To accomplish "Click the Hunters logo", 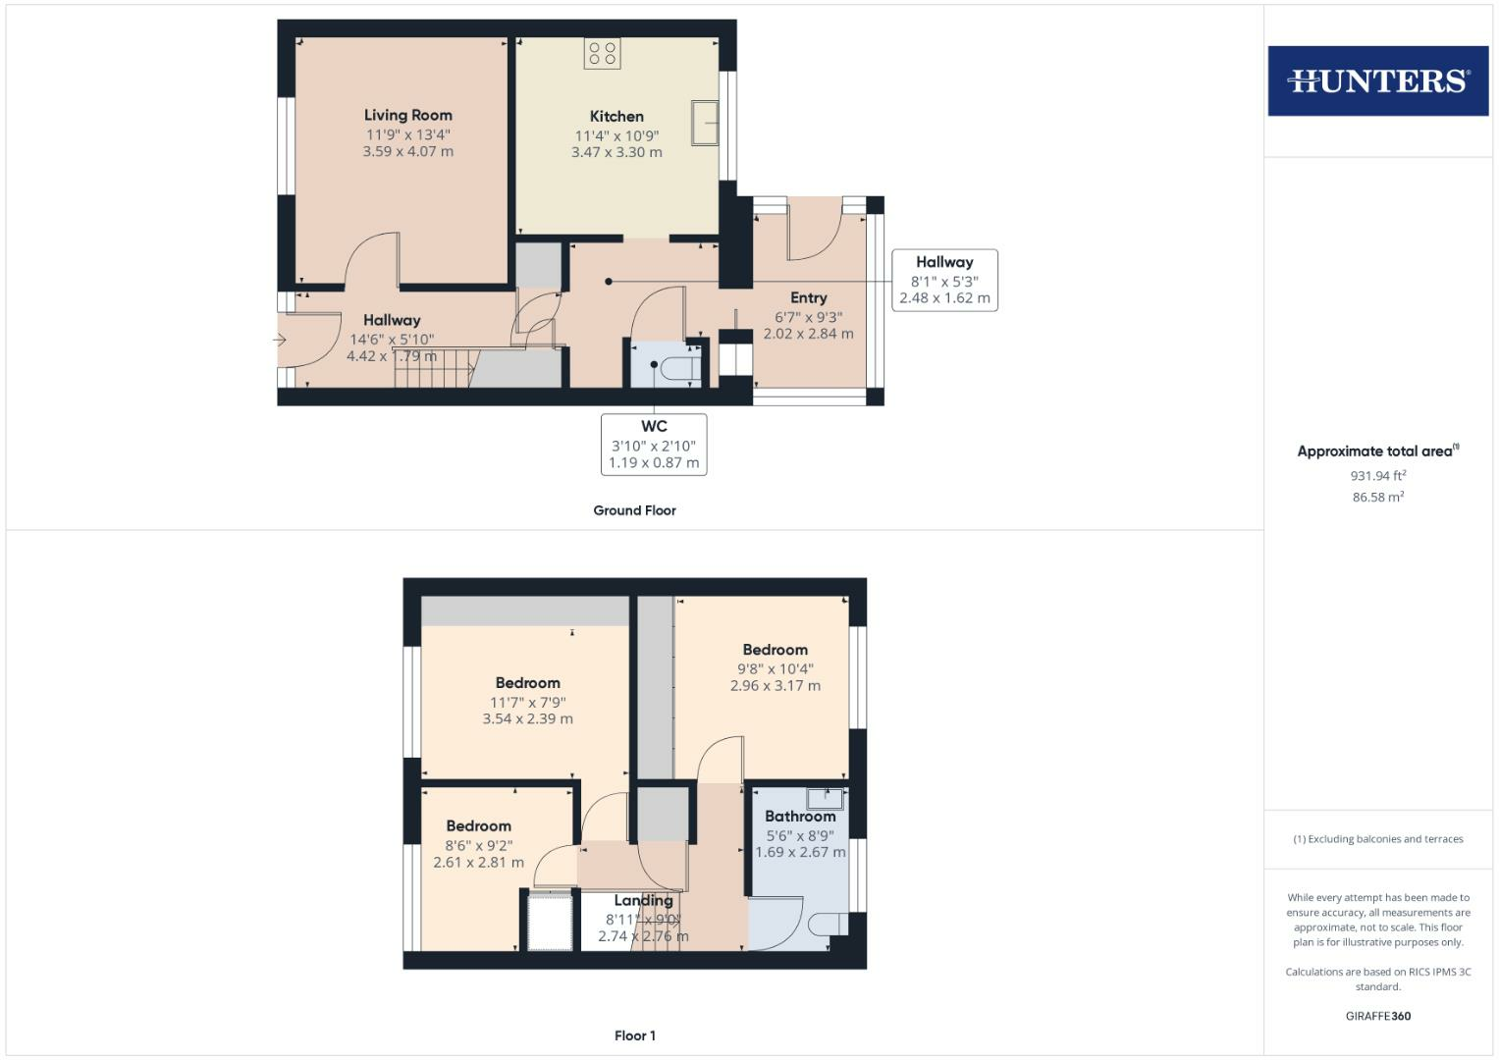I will pyautogui.click(x=1377, y=80).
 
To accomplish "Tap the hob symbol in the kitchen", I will pyautogui.click(x=602, y=53).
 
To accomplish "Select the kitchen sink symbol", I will pyautogui.click(x=705, y=123).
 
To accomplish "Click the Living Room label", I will pyautogui.click(x=407, y=115).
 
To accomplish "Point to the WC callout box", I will pyautogui.click(x=654, y=445).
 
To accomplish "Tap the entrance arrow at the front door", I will pyautogui.click(x=280, y=341).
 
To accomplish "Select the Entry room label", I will pyautogui.click(x=808, y=297).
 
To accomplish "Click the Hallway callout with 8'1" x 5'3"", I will pyautogui.click(x=944, y=281).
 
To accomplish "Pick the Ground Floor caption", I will pyautogui.click(x=634, y=510).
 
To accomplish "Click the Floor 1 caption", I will pyautogui.click(x=634, y=1035).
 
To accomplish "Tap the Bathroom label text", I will pyautogui.click(x=800, y=817).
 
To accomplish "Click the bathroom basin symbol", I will pyautogui.click(x=825, y=798).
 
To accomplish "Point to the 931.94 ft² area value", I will pyautogui.click(x=1377, y=476).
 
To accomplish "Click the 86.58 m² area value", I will pyautogui.click(x=1377, y=498).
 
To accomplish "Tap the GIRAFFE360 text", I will pyautogui.click(x=1377, y=1016).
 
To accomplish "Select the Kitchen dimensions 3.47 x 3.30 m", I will pyautogui.click(x=616, y=152).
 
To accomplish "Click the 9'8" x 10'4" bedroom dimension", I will pyautogui.click(x=775, y=668).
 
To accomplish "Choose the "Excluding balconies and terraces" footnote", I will pyautogui.click(x=1378, y=839).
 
